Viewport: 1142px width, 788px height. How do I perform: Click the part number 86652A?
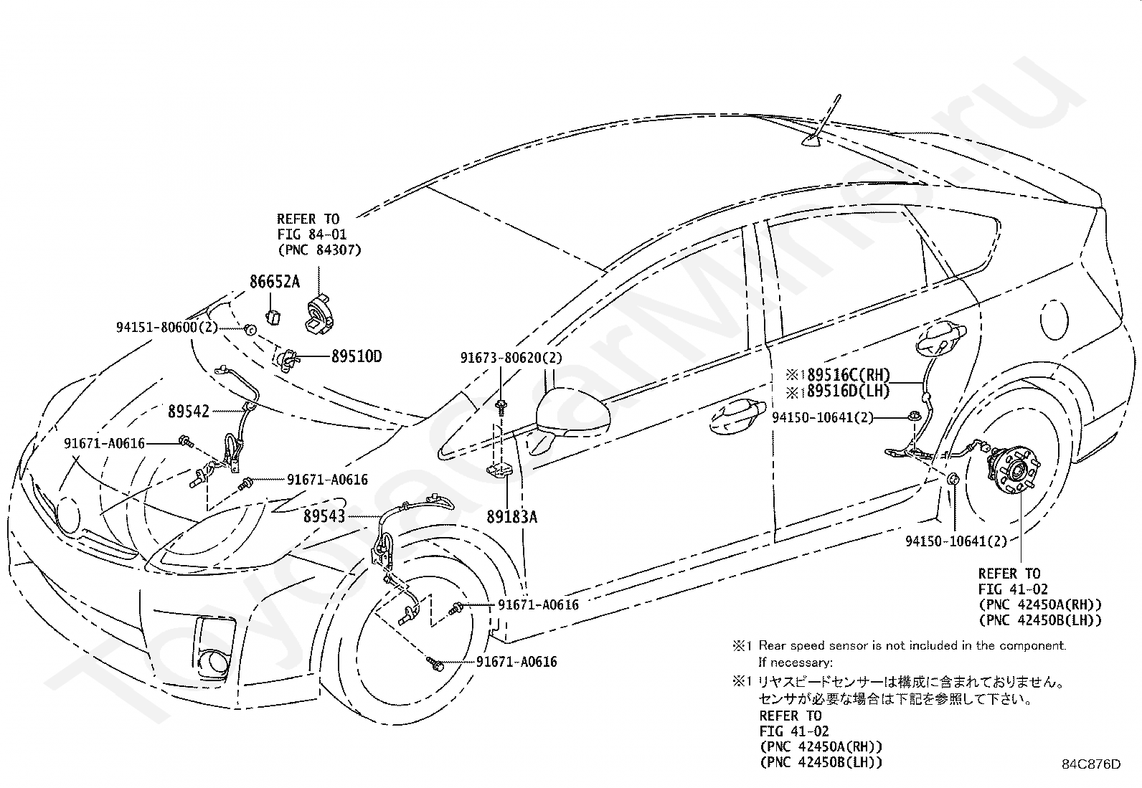coord(275,282)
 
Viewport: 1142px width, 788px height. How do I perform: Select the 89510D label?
coord(356,356)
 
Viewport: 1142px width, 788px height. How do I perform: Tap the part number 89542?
coord(189,412)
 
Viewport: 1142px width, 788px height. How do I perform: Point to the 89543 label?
coord(324,516)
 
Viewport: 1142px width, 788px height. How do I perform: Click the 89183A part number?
coord(511,516)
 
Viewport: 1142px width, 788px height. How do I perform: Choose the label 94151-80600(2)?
coord(166,327)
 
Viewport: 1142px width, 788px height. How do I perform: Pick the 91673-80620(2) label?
coord(511,357)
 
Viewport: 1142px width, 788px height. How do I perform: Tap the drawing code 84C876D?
coord(1091,764)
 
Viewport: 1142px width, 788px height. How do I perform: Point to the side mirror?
coord(572,414)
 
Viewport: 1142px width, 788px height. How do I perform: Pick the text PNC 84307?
coord(319,250)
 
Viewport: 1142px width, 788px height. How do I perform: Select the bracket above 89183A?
coord(501,470)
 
